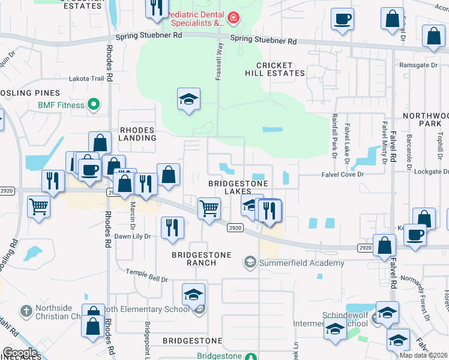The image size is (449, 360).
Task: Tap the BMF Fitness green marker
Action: (93, 105)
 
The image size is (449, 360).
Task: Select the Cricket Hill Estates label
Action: (275, 69)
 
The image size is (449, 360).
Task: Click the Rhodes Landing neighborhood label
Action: (137, 133)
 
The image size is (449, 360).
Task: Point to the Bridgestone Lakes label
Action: (237, 187)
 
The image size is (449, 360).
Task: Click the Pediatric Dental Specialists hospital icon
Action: (232, 19)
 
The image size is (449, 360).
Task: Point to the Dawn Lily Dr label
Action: (132, 236)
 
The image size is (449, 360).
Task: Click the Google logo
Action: (20, 353)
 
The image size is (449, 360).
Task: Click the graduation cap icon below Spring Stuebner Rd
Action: (188, 99)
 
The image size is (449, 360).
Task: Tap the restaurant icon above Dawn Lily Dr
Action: (172, 227)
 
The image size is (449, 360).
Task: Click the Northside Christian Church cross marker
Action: (25, 311)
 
